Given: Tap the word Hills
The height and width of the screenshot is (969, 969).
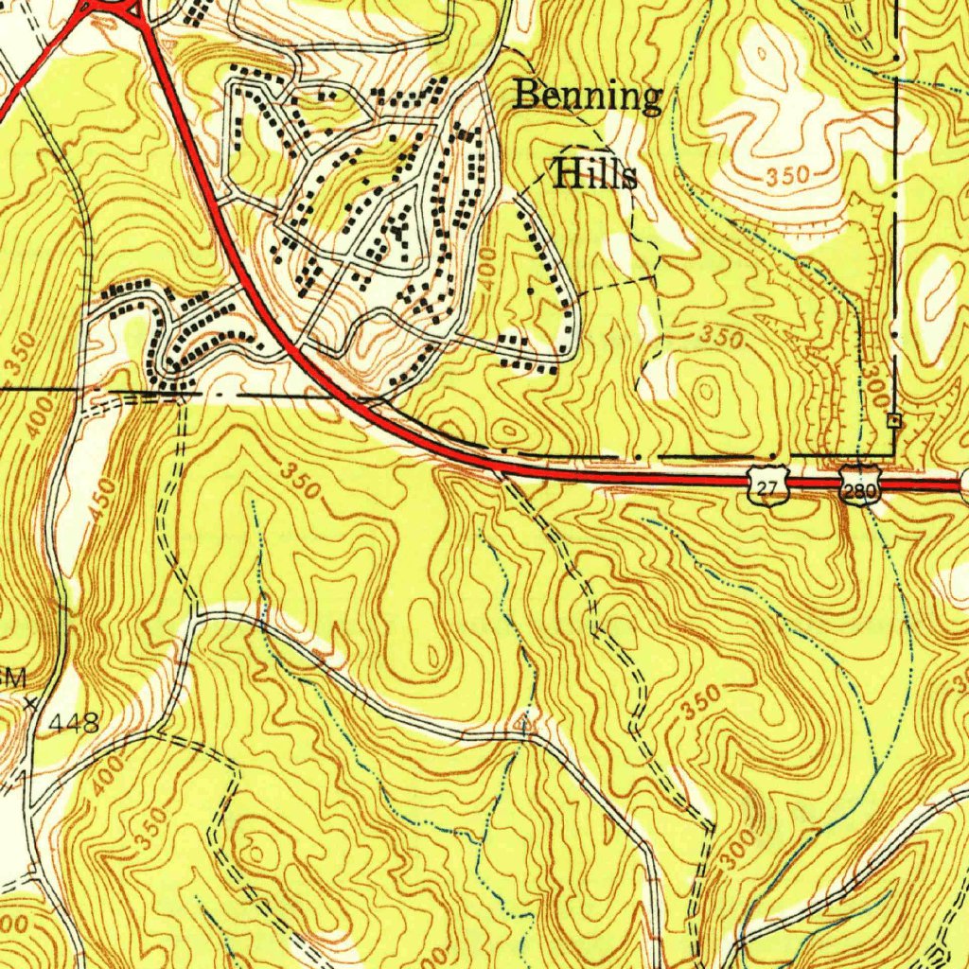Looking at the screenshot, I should [x=594, y=174].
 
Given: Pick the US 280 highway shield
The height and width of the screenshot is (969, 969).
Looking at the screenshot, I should [x=859, y=487].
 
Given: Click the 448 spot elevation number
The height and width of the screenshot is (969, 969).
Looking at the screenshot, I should [x=75, y=725].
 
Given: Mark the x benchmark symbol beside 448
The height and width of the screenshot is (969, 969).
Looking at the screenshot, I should [x=31, y=703].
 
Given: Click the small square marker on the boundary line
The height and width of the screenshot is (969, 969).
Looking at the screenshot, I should [x=892, y=419].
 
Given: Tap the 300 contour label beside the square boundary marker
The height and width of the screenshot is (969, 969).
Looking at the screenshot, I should [x=872, y=385].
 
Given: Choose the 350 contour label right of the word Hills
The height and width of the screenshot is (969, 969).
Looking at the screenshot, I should [x=787, y=176].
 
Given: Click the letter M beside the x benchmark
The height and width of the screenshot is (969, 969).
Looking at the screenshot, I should [x=14, y=678].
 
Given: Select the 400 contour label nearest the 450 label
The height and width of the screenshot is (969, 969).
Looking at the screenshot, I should [x=38, y=416].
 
